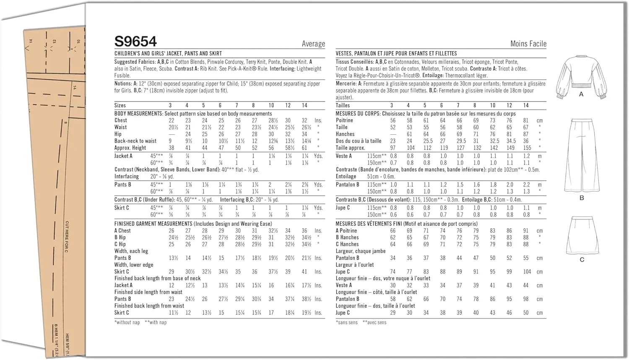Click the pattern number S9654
point(135,42)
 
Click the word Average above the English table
point(313,44)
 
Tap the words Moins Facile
point(528,44)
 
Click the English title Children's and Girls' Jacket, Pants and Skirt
point(168,54)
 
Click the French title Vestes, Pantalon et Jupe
point(396,54)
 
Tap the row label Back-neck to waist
point(135,141)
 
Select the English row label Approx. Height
point(130,148)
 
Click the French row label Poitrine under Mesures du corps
point(344,120)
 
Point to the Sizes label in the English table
point(120,105)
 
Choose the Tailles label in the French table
point(343,105)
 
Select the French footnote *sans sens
point(347,322)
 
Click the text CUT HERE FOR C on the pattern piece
point(67,237)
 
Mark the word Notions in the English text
point(123,84)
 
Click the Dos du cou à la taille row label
point(358,141)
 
